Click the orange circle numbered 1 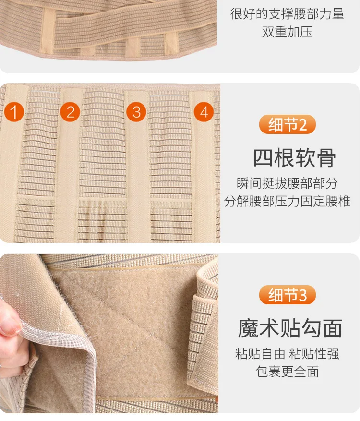coord(14,112)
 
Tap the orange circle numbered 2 coord(70,112)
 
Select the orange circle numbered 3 coord(136,112)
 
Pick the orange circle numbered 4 coord(204,112)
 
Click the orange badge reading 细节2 coord(287,124)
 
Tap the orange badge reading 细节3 coord(287,295)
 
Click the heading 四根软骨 coord(295,158)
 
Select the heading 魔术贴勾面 coord(290,328)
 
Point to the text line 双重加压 coord(287,32)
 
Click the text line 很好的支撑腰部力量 coord(287,14)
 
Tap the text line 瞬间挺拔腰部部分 coord(287,183)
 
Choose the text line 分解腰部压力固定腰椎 coord(287,201)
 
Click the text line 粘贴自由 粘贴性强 coord(287,353)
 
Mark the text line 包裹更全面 coord(287,372)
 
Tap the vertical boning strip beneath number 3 coord(137,167)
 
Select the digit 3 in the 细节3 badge coord(302,295)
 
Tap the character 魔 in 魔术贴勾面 coord(248,328)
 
